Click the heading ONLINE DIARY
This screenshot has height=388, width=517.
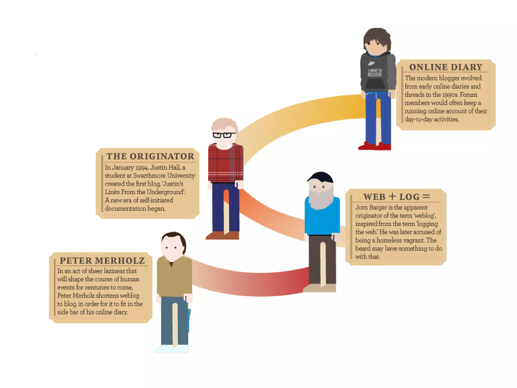[x=446, y=67]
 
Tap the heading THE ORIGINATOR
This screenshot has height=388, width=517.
[x=150, y=156]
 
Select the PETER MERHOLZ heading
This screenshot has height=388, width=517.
[x=102, y=261]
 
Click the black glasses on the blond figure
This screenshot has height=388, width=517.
[x=223, y=135]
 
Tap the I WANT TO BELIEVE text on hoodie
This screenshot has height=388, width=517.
[x=375, y=73]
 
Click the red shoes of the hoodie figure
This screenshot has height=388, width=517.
[x=375, y=146]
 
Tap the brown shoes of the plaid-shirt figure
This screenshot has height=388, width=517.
[x=222, y=235]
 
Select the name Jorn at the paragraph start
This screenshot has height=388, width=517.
[x=361, y=208]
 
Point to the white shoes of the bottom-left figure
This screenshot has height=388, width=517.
[x=172, y=349]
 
